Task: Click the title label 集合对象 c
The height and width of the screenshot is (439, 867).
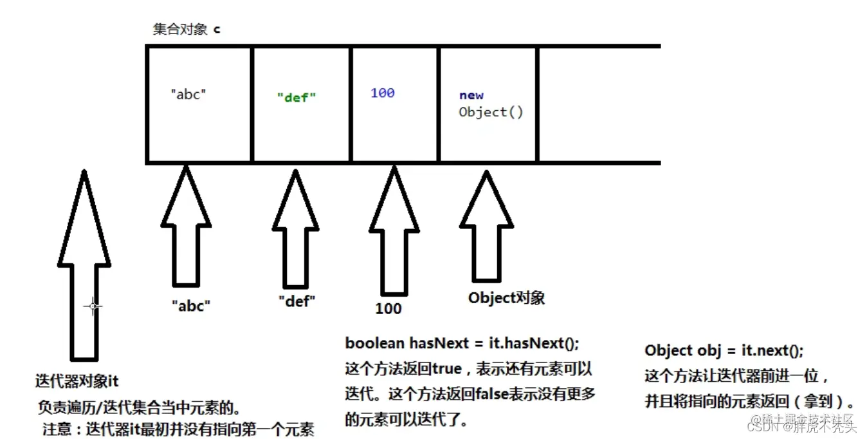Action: pos(186,30)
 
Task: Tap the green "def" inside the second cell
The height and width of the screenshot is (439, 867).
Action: pos(297,98)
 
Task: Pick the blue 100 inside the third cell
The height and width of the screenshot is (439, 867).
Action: pos(382,93)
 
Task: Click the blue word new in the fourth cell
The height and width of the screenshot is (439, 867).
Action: pos(471,95)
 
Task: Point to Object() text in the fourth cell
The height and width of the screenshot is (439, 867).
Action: pos(491,112)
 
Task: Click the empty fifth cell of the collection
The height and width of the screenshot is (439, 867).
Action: pos(598,104)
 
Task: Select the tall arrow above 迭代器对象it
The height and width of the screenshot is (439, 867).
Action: pos(84,270)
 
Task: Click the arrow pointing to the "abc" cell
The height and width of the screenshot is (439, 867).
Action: pos(186,232)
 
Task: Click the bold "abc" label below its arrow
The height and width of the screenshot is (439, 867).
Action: pos(192,306)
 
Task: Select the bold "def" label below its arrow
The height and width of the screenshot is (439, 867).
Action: pos(297,301)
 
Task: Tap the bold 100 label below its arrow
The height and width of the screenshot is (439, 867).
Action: pos(388,308)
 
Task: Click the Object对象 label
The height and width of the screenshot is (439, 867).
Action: pos(506,297)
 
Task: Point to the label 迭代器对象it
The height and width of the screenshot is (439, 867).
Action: pos(77,381)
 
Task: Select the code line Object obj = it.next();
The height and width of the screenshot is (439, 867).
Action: pos(724,351)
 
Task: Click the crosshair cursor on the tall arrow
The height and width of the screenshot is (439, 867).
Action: pos(93,306)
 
